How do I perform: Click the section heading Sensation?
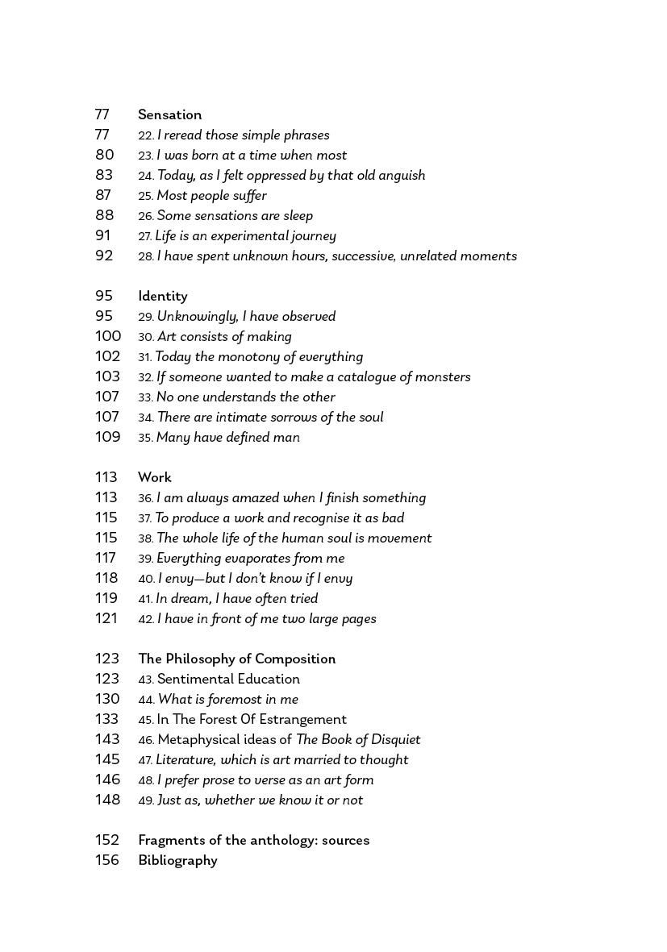click(x=169, y=115)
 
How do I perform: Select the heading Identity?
click(x=162, y=297)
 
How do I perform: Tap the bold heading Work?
click(x=154, y=478)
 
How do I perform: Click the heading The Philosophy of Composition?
click(x=236, y=659)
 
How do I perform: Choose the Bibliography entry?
click(x=177, y=861)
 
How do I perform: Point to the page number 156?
click(x=106, y=861)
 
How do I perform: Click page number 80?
click(x=104, y=156)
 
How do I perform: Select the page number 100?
click(x=107, y=337)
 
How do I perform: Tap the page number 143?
click(x=107, y=740)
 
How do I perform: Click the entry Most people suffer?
click(x=211, y=196)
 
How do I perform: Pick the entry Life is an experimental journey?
click(x=245, y=236)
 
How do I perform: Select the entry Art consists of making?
click(x=224, y=337)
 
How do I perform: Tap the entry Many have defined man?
click(x=227, y=438)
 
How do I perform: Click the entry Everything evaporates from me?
click(x=250, y=559)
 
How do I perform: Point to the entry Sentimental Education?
click(x=228, y=680)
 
